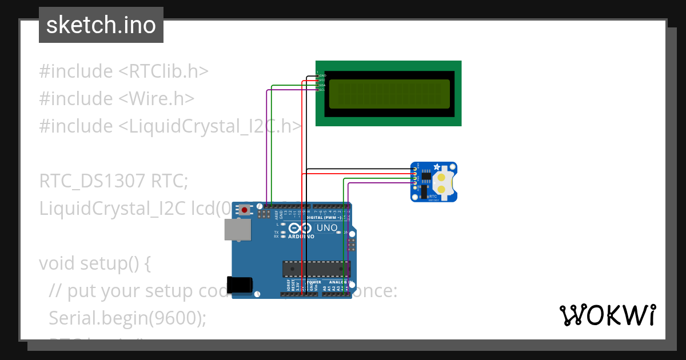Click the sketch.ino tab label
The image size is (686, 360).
tap(101, 25)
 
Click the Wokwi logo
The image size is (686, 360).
tap(607, 315)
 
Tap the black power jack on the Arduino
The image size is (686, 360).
tap(240, 285)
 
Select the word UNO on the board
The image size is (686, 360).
tap(326, 228)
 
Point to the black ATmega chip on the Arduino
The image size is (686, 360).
tap(316, 268)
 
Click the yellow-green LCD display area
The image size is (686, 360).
tap(389, 94)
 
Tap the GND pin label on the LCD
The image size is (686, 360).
tap(322, 75)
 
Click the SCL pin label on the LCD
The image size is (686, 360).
tap(322, 89)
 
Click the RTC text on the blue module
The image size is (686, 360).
tap(433, 196)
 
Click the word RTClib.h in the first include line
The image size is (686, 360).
tap(168, 71)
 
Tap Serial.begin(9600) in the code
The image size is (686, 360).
tap(127, 318)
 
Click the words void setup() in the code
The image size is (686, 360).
tap(95, 263)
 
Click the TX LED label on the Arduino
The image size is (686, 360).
tap(276, 233)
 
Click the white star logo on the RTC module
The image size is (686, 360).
tap(437, 167)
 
